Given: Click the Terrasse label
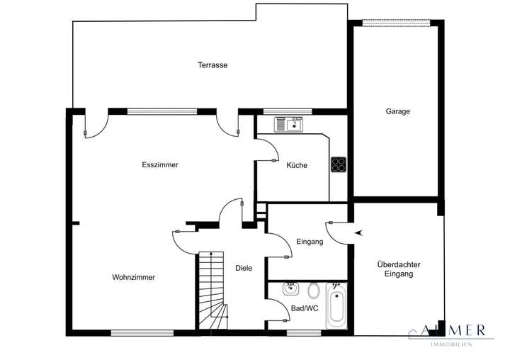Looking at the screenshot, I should pos(212,65).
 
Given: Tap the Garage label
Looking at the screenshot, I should pos(398,111).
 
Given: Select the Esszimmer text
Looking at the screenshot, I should pos(160,164).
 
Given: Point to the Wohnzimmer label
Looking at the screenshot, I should pos(133,277).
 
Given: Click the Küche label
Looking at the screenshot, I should pos(297,165).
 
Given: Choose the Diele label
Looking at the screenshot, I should pos(244,268).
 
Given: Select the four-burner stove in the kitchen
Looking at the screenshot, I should pos(339,164).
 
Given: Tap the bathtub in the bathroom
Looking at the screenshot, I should pos(336,305).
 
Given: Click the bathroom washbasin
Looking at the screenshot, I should pos(290,288).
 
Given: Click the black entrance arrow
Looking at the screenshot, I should pos(358,232).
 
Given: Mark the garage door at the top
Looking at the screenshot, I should pos(396,23).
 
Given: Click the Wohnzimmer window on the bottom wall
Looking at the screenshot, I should pos(142,332).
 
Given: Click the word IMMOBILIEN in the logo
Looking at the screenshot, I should pos(451,344).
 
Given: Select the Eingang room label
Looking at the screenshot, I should pos(310,242).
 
